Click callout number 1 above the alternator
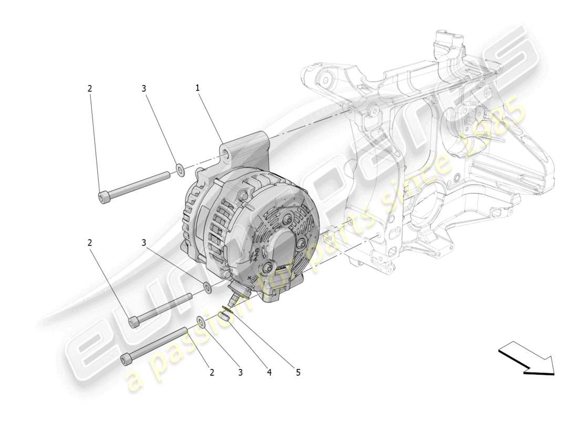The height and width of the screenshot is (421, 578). click(x=198, y=88)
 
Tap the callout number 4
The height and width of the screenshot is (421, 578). click(x=269, y=373)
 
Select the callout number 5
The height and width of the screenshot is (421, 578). click(x=298, y=373)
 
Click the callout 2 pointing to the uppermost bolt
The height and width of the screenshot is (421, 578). click(x=89, y=89)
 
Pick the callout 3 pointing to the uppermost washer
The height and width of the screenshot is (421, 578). click(x=143, y=89)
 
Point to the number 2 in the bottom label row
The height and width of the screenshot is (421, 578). click(x=212, y=373)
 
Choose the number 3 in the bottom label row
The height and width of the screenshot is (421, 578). click(x=240, y=373)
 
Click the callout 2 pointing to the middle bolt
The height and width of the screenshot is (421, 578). click(x=89, y=243)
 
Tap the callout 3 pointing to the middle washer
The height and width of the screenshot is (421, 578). click(x=143, y=243)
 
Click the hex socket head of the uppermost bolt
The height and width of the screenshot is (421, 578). click(x=103, y=197)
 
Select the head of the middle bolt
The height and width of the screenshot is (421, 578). click(x=133, y=321)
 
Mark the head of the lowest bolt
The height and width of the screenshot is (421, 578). click(x=126, y=359)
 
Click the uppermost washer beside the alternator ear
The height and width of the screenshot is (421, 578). click(x=180, y=169)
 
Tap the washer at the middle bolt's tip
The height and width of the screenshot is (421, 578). click(x=208, y=287)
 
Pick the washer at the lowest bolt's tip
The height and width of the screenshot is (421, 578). click(x=201, y=322)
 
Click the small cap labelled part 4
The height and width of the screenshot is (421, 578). click(x=224, y=316)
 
